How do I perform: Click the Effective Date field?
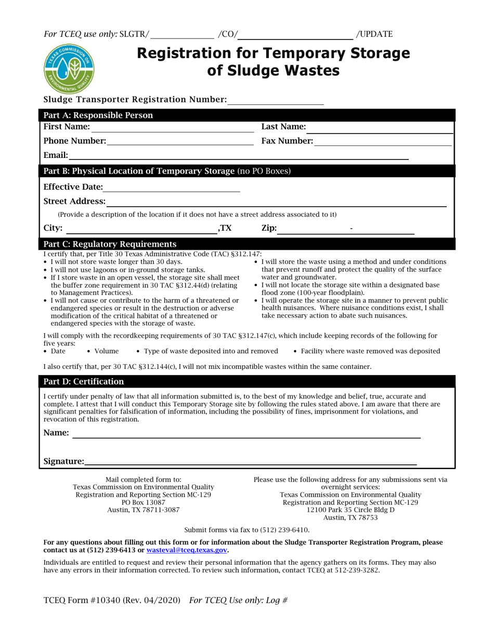(172, 188)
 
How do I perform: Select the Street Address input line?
(276, 202)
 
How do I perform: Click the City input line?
(141, 229)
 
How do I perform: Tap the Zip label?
(268, 228)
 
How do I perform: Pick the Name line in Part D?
(245, 434)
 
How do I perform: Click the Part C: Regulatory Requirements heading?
(110, 244)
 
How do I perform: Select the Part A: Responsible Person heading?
(98, 115)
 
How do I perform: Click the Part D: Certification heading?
(84, 382)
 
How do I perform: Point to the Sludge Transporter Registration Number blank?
(276, 100)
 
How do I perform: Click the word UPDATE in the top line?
(375, 34)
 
